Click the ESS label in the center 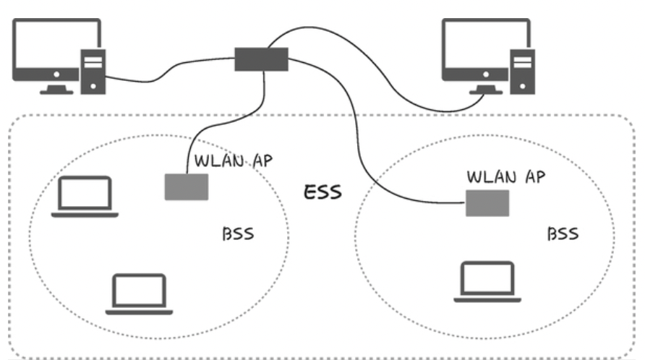322,193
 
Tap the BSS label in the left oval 238,236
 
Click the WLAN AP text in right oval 505,176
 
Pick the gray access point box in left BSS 187,187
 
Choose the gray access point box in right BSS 487,203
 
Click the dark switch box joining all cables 261,59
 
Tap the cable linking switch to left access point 224,130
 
